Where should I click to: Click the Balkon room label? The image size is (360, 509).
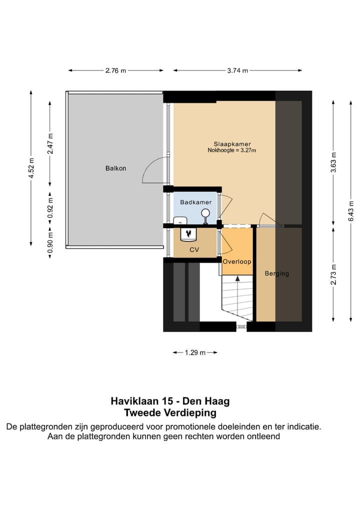pyautogui.click(x=115, y=168)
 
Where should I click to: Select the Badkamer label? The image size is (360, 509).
pyautogui.click(x=195, y=202)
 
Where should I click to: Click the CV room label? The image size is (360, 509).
pyautogui.click(x=194, y=249)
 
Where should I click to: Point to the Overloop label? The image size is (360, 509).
pyautogui.click(x=237, y=261)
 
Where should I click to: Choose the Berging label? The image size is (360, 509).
pyautogui.click(x=277, y=274)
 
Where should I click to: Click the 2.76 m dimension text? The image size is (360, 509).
pyautogui.click(x=115, y=70)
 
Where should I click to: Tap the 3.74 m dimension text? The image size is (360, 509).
pyautogui.click(x=237, y=70)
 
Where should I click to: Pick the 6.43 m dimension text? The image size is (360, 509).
pyautogui.click(x=351, y=210)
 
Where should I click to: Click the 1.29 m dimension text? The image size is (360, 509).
pyautogui.click(x=195, y=352)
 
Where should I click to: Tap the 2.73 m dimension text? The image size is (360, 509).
pyautogui.click(x=334, y=274)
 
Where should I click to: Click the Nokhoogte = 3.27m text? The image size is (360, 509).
pyautogui.click(x=232, y=150)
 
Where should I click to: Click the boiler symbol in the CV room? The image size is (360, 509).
pyautogui.click(x=188, y=233)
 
